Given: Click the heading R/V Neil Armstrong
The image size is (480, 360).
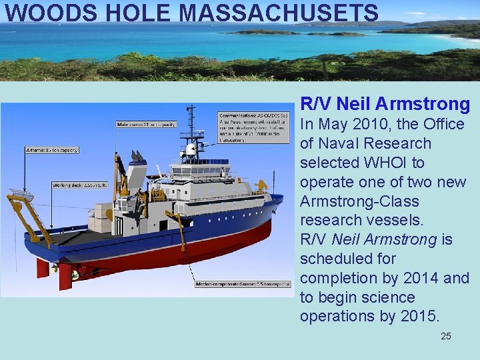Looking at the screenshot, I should pos(385,104).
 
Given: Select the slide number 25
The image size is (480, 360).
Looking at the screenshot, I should pos(446,336).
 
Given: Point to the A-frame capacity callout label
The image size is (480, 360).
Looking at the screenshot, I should pos(51,150).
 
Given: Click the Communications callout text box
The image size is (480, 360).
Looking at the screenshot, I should pos(254,127).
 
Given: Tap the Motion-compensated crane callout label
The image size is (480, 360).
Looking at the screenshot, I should pos(243,284).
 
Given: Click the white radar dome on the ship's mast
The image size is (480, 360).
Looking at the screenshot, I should pos(192,150).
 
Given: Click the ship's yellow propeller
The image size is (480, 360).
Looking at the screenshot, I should pos(75,274).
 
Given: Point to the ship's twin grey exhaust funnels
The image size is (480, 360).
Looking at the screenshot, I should pos(139,157).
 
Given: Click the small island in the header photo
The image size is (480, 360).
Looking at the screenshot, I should pos(263,31).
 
